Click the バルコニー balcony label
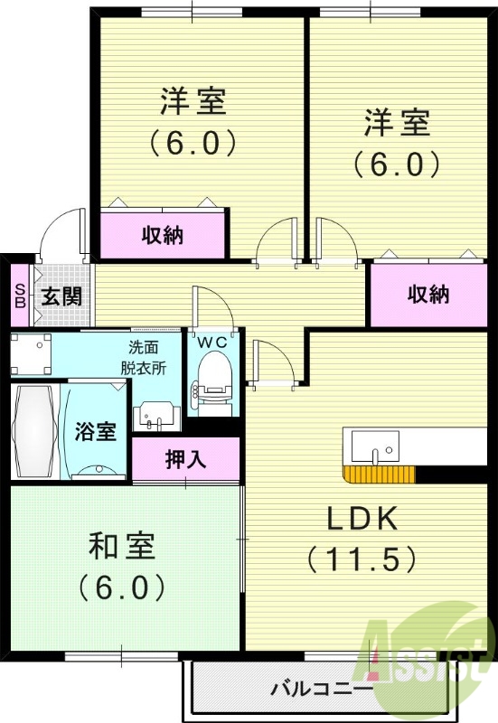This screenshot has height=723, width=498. [322, 690]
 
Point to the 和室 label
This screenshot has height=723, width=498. [122, 546]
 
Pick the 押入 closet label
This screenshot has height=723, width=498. [185, 458]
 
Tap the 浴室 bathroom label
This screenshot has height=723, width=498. [95, 430]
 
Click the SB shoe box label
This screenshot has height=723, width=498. [19, 296]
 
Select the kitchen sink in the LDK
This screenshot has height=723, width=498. [375, 446]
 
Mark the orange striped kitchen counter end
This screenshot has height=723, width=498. [379, 474]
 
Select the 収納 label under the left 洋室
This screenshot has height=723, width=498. [163, 236]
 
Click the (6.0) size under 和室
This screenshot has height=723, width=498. [121, 587]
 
